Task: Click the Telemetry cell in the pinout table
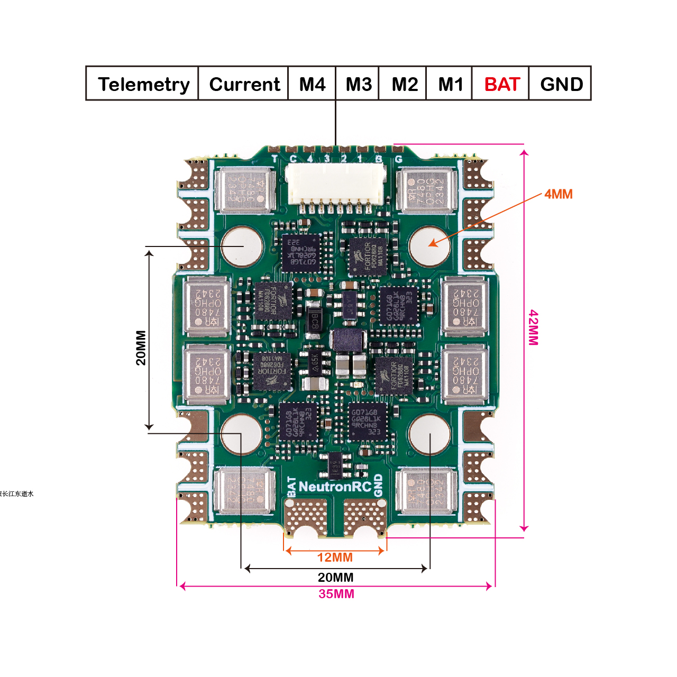(x=143, y=84)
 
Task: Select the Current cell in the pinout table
(x=244, y=84)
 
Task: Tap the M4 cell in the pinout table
(x=312, y=84)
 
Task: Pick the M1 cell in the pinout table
(x=450, y=84)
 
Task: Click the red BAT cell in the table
(x=502, y=84)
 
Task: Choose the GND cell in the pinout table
(x=561, y=84)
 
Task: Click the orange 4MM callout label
(x=559, y=194)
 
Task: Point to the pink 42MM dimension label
(x=534, y=328)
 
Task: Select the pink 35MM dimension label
(x=336, y=594)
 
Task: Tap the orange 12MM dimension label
(x=335, y=557)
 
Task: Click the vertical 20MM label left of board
(x=141, y=347)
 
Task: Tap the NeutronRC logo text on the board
(x=335, y=487)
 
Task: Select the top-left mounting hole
(x=242, y=246)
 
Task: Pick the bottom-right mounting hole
(x=429, y=434)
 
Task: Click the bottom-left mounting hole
(x=241, y=434)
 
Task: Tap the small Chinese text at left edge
(x=16, y=493)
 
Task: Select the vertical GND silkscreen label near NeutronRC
(x=378, y=485)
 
